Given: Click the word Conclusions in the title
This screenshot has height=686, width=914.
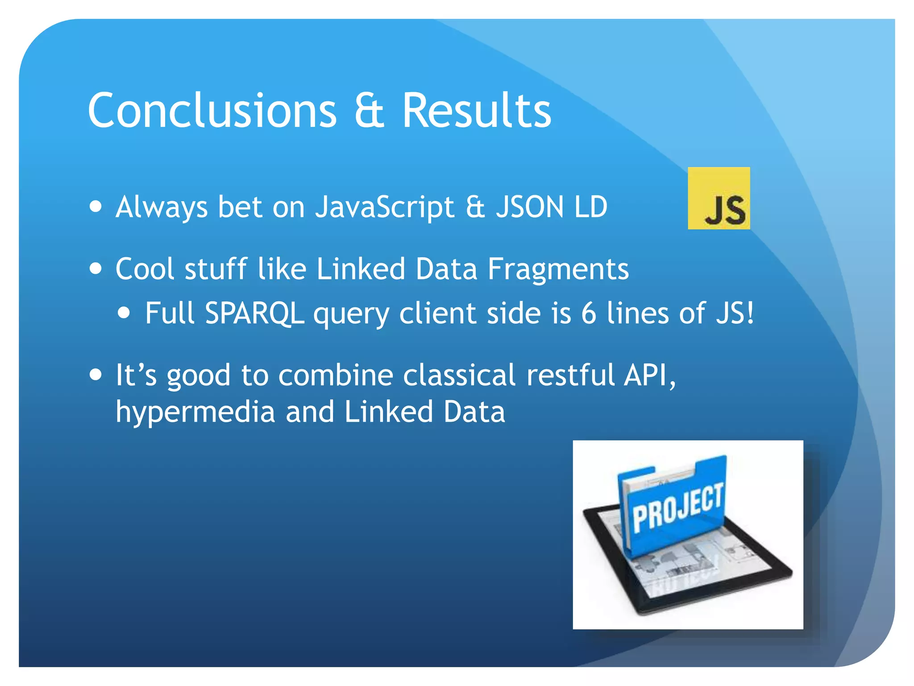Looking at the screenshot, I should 212,110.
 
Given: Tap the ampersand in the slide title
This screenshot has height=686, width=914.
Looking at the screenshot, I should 369,111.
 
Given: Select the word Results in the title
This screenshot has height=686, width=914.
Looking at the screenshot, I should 476,110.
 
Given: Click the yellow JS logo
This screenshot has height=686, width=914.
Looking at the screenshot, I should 719,198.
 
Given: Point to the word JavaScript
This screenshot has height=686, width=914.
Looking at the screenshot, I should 384,207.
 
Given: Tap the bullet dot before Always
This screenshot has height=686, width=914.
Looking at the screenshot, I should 96,207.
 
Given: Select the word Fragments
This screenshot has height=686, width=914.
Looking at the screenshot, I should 558,269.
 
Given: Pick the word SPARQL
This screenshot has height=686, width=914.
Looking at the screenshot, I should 254,313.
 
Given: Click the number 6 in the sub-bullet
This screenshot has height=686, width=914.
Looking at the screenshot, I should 588,313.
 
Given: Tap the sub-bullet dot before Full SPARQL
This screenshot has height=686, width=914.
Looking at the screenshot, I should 125,313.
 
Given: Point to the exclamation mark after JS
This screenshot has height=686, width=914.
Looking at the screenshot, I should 750,313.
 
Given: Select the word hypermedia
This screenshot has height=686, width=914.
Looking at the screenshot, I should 195,412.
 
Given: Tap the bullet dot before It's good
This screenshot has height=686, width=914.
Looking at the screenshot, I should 96,374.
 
